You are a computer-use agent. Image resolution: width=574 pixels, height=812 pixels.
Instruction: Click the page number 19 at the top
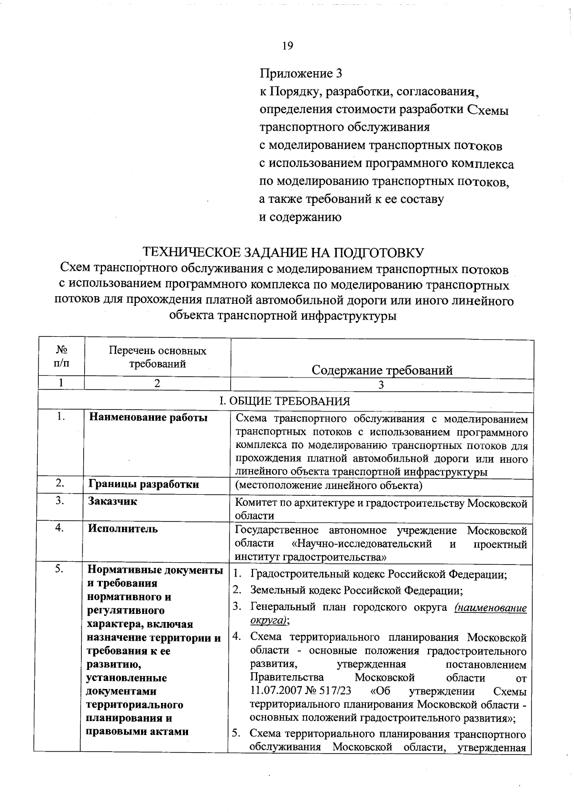tap(287, 46)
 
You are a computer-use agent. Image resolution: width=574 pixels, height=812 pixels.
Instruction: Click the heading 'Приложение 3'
tap(301, 74)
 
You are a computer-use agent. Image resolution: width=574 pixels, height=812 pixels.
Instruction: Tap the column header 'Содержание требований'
tap(382, 370)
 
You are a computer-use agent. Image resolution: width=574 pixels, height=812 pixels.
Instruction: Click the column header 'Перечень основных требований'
tap(157, 357)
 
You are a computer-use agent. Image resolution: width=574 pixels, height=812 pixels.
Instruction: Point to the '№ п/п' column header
tap(61, 357)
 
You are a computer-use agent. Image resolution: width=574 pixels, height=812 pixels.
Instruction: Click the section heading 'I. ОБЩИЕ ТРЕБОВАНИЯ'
tap(285, 401)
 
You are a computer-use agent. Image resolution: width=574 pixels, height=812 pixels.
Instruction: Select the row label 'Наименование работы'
tap(148, 418)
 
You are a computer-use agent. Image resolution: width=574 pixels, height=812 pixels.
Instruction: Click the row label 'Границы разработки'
tap(144, 484)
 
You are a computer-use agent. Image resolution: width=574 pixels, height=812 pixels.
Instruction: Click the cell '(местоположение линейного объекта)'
tap(329, 486)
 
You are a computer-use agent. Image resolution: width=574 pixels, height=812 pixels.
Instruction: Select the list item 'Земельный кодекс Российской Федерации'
tap(356, 591)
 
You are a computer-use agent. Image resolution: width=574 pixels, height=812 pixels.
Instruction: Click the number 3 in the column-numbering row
tap(381, 385)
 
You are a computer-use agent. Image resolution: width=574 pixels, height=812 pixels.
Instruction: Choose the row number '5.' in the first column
tap(60, 569)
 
